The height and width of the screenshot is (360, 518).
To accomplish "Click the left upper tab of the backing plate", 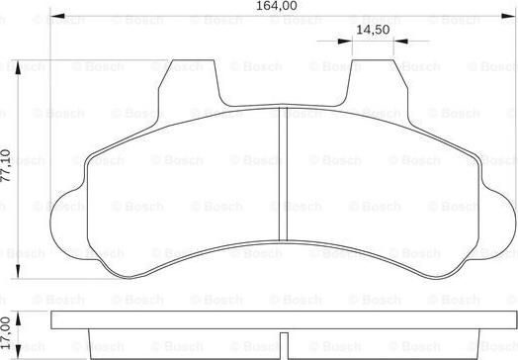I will pyautogui.click(x=187, y=78).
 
